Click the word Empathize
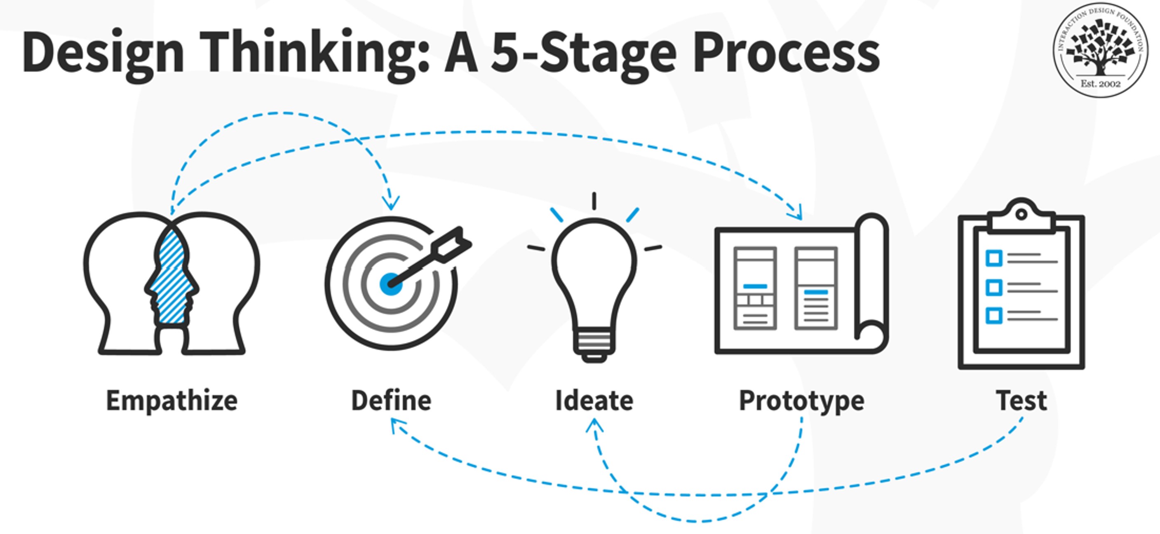point(171,400)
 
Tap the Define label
point(391,400)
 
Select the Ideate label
point(594,400)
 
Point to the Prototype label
point(801,400)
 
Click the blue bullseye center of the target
point(390,283)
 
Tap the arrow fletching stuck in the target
point(453,243)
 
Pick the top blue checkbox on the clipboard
point(994,258)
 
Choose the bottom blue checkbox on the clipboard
point(994,315)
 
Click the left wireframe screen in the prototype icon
point(755,288)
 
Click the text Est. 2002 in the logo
point(1100,84)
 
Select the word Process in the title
point(786,52)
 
